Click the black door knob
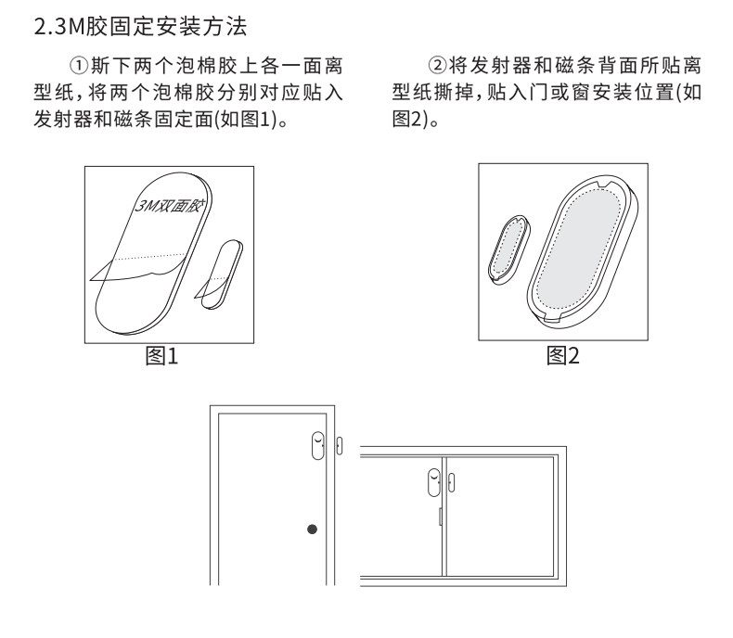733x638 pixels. click(x=312, y=530)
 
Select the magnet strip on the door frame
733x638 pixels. click(x=338, y=448)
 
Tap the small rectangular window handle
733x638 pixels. click(x=440, y=517)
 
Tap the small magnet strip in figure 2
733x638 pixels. click(x=507, y=249)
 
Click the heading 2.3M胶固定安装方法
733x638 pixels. click(x=140, y=28)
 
